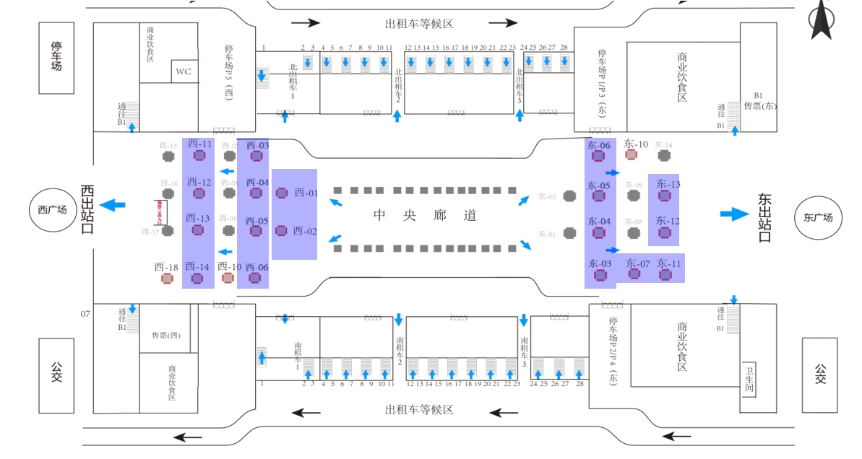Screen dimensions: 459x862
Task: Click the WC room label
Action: click(x=184, y=71)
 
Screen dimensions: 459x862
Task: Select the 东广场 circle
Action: click(x=818, y=217)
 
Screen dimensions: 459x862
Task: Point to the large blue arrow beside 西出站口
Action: click(x=112, y=205)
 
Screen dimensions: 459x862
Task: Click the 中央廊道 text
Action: click(x=425, y=215)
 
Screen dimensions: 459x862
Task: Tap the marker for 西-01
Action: click(x=282, y=193)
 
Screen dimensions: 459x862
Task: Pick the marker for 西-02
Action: click(x=281, y=231)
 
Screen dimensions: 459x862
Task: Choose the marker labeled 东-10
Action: click(x=631, y=154)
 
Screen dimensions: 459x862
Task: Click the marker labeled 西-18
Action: click(x=167, y=278)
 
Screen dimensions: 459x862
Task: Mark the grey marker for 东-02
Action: click(x=569, y=196)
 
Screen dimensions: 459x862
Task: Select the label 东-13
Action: click(x=668, y=184)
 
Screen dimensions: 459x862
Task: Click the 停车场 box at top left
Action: click(x=56, y=57)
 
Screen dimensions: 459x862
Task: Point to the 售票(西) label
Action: click(x=165, y=335)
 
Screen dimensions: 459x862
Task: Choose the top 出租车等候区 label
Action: click(x=419, y=24)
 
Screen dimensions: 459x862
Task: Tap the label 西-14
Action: click(x=197, y=266)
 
